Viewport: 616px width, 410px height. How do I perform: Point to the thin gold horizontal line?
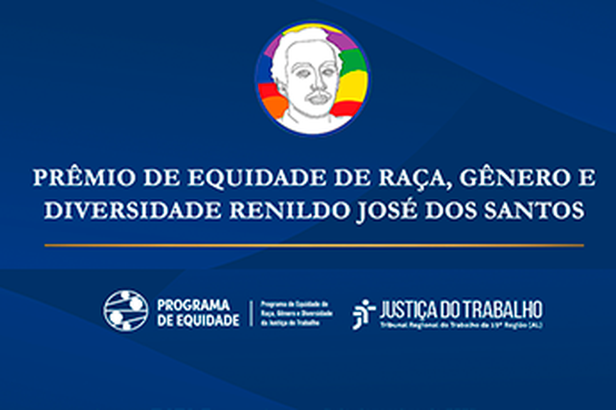tap(314, 245)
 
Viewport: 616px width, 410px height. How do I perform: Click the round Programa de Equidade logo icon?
tap(126, 311)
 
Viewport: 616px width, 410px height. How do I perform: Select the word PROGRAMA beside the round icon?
tap(194, 305)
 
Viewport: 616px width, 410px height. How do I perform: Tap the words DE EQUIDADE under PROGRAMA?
tap(198, 320)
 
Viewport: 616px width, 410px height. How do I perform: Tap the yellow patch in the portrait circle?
tap(353, 85)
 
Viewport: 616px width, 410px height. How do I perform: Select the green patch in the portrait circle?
tap(351, 60)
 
